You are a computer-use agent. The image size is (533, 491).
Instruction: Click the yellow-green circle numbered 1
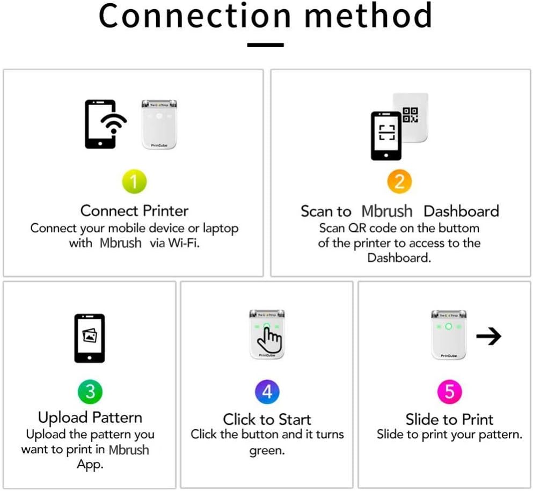pos(134,182)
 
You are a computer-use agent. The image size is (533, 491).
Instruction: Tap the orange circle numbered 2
pos(399,182)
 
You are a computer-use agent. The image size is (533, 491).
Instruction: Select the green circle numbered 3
pos(90,392)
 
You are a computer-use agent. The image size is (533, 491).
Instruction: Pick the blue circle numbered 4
pos(267,392)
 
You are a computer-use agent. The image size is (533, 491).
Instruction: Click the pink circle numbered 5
pos(449,392)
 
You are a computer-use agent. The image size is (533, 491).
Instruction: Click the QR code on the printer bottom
pos(411,115)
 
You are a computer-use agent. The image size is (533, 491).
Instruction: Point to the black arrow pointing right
pos(488,336)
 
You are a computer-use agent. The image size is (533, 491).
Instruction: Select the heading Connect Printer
pos(134,210)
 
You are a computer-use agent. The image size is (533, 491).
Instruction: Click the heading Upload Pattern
pos(90,417)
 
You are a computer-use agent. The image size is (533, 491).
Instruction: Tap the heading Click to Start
pos(267,419)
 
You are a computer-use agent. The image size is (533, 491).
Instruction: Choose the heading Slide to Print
pos(449,419)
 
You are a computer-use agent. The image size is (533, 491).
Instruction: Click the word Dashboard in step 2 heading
pos(461,211)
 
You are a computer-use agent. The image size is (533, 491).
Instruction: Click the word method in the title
pos(368,16)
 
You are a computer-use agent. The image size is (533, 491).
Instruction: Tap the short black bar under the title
pos(265,45)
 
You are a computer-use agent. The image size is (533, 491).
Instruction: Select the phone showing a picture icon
pos(89,338)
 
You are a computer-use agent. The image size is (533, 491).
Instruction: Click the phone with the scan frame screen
pos(386,135)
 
